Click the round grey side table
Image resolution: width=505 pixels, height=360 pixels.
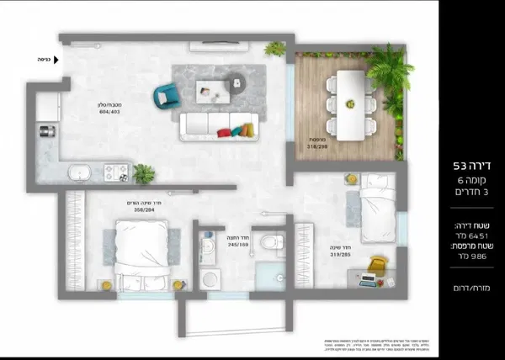coord(237,82)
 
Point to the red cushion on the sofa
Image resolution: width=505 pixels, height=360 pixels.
coord(225,132)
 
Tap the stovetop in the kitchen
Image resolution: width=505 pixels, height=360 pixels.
coord(115,172)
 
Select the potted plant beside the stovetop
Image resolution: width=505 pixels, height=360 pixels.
coord(144,173)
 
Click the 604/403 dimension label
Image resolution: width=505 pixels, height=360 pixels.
coord(109,109)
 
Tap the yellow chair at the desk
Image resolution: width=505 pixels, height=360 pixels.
coord(377,265)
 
